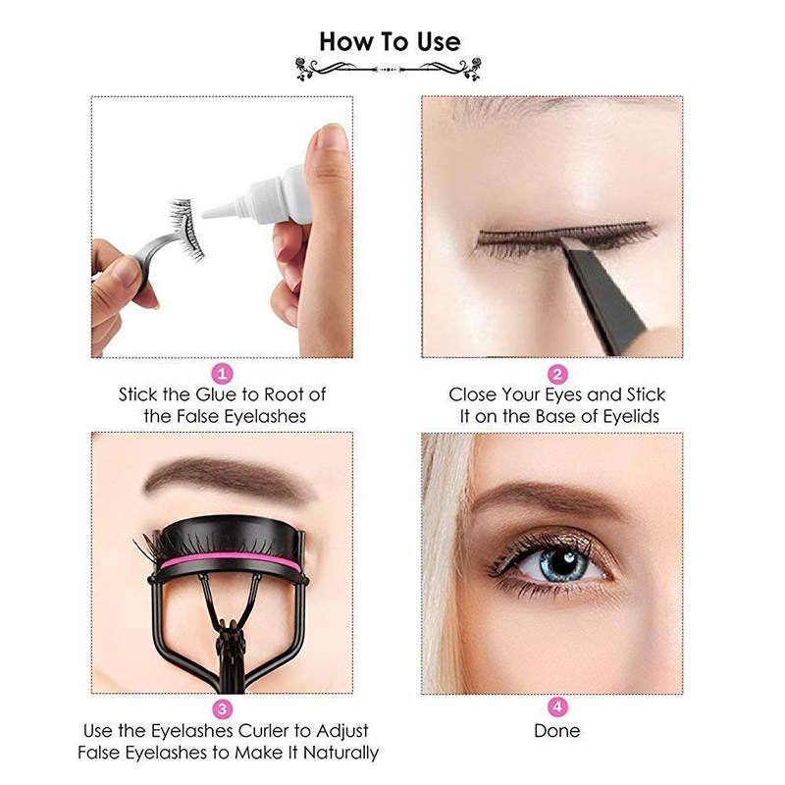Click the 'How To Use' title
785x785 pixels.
tap(390, 41)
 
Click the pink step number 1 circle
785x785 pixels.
tap(223, 374)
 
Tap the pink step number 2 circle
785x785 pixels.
tap(556, 374)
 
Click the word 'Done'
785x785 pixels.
tap(556, 731)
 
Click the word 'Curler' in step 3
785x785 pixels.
tap(271, 731)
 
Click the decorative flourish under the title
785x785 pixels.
tap(390, 70)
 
